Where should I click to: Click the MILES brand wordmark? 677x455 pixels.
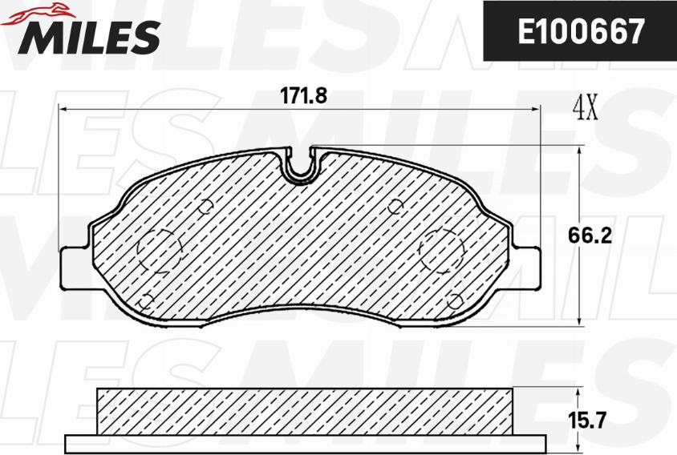(88, 37)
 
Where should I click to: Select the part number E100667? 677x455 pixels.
(581, 31)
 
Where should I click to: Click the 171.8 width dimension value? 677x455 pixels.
(303, 96)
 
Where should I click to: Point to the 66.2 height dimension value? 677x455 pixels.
(590, 236)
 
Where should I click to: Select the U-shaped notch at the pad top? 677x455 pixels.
(300, 166)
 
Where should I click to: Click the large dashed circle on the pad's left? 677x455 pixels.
(160, 251)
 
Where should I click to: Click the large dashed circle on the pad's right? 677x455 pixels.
(442, 251)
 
